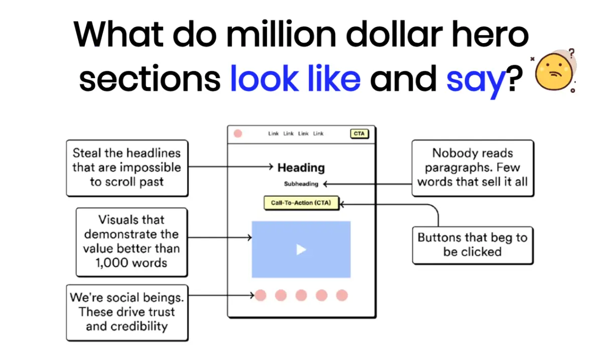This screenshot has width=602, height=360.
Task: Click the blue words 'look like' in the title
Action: pos(295,79)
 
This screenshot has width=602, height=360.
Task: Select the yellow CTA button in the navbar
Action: pos(359,134)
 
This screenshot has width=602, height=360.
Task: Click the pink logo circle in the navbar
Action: pos(238,133)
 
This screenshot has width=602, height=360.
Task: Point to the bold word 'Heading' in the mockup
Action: pos(301,168)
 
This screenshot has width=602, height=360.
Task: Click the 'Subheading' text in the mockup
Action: pos(301,184)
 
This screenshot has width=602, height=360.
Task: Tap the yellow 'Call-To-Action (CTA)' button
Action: pos(301,203)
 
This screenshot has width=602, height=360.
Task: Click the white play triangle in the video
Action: pos(301,249)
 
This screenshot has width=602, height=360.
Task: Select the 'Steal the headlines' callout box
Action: pos(127,167)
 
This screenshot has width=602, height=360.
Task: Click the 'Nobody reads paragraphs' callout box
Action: pos(472,167)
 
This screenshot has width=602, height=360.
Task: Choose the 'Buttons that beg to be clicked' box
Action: pos(472,245)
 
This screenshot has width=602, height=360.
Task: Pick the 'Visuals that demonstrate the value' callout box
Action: pos(131,241)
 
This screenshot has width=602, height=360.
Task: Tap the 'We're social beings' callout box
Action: pos(127,312)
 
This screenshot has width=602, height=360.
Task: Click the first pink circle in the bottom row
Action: pos(260,295)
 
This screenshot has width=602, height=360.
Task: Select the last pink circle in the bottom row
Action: pos(342,295)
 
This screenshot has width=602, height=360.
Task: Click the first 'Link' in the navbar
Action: pos(273,134)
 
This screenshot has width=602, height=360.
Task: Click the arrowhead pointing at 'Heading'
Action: pos(273,167)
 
